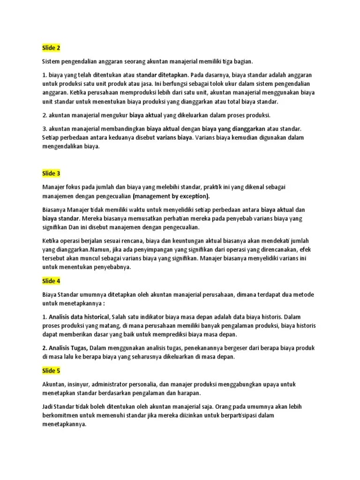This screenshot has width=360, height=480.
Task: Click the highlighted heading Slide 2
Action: click(51, 48)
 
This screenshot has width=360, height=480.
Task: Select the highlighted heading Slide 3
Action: click(51, 173)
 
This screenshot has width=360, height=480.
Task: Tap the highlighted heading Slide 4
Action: click(51, 281)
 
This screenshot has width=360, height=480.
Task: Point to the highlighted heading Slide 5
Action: click(51, 371)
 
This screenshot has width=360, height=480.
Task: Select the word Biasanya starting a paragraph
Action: click(54, 210)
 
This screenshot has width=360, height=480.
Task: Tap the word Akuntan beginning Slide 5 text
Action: click(54, 384)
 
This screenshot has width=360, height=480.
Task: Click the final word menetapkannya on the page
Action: click(64, 425)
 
